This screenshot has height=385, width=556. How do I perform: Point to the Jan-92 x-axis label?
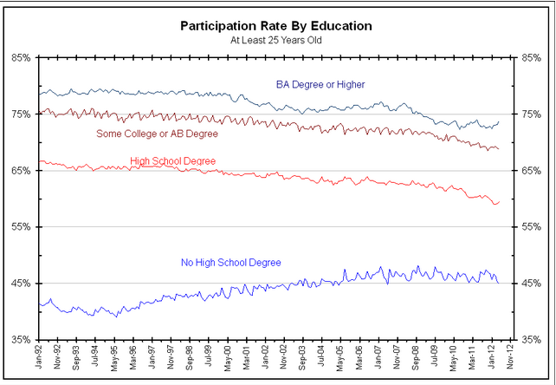tap(40, 362)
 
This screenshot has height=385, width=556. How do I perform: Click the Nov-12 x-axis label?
tap(511, 362)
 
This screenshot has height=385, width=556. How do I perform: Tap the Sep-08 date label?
tap(417, 362)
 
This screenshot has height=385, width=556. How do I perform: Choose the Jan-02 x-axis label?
tap(266, 362)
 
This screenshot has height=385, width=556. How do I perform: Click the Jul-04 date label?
tap(323, 362)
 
